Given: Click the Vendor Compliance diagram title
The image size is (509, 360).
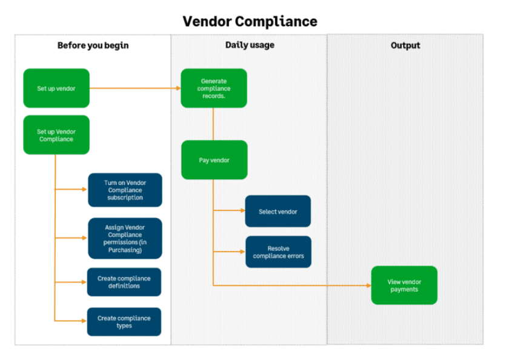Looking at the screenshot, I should point(250,22).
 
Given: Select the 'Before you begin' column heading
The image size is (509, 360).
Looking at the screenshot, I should point(93,45).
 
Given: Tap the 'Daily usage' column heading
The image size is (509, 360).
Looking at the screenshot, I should point(250,45).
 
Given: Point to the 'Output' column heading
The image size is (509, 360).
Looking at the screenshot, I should point(405,45).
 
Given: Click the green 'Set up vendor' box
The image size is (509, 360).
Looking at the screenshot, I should point(56,88).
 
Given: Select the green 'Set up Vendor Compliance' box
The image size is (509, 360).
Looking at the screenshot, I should point(56,135).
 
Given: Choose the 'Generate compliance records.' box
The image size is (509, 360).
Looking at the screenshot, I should point(214,88).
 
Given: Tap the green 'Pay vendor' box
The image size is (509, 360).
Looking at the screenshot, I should point(214,160).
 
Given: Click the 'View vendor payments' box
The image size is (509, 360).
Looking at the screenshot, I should point(404,285).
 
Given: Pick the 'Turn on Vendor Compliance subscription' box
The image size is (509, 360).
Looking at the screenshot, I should point(125,190).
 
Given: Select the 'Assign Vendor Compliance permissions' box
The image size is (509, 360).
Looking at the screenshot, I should point(125,238).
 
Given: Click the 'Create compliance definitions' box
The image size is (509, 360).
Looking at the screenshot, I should point(124,282).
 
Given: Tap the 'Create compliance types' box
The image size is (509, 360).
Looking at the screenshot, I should point(124,322).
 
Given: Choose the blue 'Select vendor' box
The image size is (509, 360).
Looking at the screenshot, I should point(278,212).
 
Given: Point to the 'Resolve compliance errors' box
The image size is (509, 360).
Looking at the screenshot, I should point(278,252).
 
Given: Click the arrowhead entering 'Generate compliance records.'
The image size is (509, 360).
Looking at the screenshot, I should point(178,88).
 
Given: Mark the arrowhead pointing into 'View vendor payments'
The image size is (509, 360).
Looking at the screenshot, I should point(368,285).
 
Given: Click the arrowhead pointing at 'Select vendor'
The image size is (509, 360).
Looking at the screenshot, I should point(242,212).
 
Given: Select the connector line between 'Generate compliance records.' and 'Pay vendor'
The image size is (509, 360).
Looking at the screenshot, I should point(213,124).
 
